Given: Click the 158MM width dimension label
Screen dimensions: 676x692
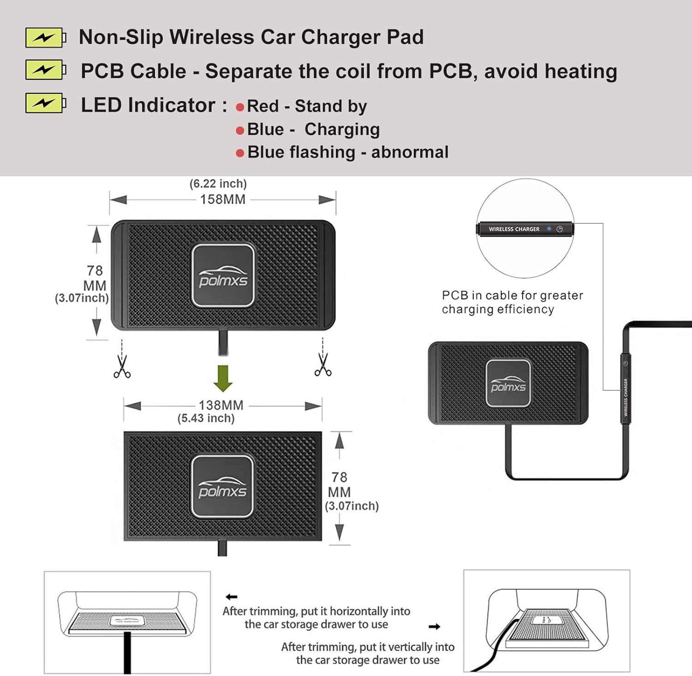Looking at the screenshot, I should (x=222, y=199).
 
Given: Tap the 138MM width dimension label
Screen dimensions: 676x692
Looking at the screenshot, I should (x=221, y=405).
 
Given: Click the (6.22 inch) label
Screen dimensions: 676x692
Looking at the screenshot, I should (x=218, y=184).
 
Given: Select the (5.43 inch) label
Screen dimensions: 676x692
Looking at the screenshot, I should (x=206, y=418).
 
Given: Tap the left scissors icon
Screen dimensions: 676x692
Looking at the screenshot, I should (x=122, y=366).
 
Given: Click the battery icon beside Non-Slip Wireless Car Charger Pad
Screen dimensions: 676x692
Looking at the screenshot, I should (x=45, y=38).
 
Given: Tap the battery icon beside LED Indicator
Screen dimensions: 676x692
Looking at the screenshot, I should (x=45, y=103).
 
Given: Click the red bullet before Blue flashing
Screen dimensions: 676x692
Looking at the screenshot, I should (x=240, y=153).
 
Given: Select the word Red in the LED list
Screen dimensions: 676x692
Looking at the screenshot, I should (x=263, y=106).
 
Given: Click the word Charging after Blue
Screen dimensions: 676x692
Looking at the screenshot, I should (x=342, y=130).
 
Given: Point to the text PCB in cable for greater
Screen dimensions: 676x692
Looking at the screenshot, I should (x=512, y=295).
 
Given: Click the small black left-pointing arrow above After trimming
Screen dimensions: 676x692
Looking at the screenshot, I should (x=232, y=597).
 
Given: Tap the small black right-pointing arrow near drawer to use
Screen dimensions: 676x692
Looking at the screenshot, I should (x=434, y=627).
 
